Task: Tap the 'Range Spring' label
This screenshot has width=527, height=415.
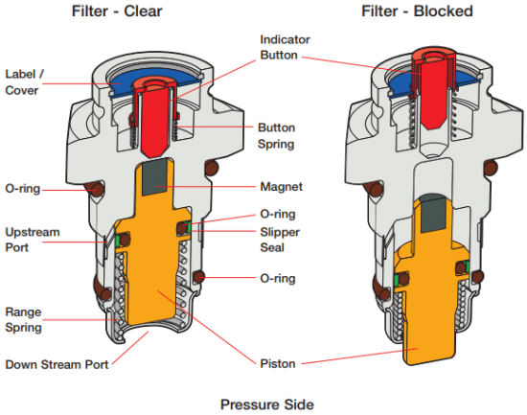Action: [x=24, y=319]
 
